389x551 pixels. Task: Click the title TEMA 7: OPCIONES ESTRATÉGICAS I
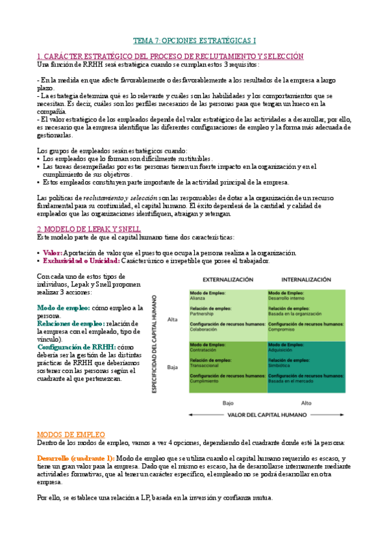(x=195, y=40)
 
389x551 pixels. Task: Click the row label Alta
(x=173, y=319)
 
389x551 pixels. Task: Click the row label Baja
(x=173, y=367)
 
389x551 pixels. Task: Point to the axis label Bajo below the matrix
(x=228, y=403)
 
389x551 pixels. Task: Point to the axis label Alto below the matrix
(x=306, y=403)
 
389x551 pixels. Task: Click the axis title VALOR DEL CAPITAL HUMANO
(x=267, y=415)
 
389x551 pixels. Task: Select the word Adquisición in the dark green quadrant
(x=283, y=350)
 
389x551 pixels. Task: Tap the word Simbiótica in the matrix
(x=281, y=365)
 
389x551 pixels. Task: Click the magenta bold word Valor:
(x=53, y=253)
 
